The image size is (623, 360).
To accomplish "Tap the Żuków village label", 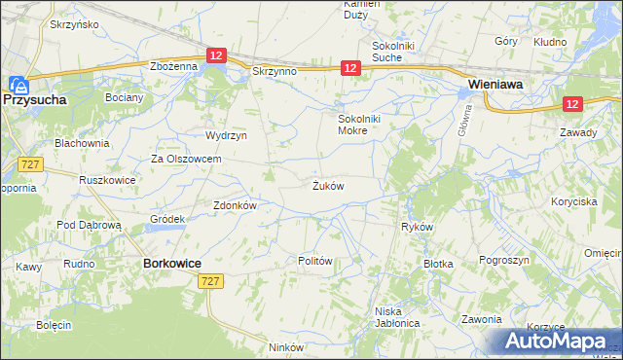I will pos(327,185).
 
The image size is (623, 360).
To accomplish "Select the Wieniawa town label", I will pos(496,85).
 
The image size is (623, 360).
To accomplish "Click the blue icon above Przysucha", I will pos(17,84).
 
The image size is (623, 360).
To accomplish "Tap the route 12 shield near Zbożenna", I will pos(216,57).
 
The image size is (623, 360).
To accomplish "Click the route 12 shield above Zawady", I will pos(572,104).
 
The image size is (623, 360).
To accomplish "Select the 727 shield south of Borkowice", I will pos(209,280).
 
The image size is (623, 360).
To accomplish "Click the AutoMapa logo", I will pos(560,342).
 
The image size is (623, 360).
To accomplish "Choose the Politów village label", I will pos(315,261).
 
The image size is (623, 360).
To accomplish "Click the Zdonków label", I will pos(234,205).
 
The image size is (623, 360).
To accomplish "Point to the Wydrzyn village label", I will pos(223,135).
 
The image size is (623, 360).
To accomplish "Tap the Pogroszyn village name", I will pos(504,260).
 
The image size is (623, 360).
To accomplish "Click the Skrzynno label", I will pos(273,71).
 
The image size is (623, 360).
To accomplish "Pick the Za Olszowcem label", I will pos(186,159).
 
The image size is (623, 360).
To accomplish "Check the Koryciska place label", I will pos(572,201).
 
